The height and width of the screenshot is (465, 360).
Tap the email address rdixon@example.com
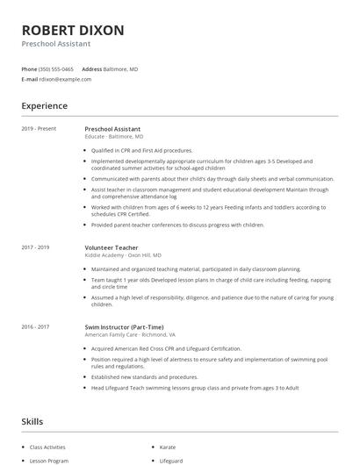(65, 79)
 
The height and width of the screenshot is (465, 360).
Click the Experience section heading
(45, 106)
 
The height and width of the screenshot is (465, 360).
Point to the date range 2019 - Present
(39, 129)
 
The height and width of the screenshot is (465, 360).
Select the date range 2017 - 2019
(36, 247)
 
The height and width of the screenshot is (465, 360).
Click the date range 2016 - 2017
(36, 326)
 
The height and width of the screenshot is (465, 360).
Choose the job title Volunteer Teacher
(112, 247)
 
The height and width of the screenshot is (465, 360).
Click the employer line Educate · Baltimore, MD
(114, 137)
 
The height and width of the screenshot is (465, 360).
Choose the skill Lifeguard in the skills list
(171, 461)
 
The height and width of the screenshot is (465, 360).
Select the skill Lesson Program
(48, 461)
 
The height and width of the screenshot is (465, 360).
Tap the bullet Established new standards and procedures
(142, 376)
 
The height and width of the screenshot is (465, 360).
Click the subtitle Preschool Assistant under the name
(56, 43)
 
